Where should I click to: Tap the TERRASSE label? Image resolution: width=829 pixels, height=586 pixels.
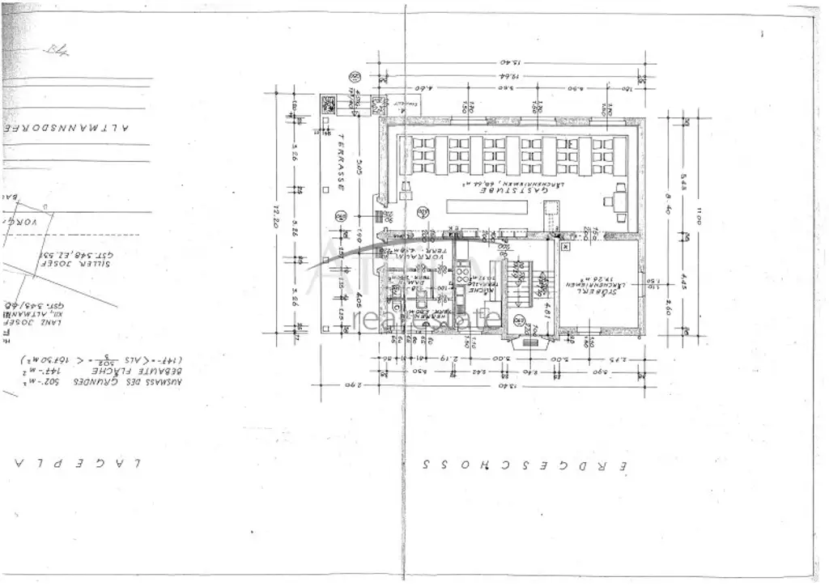point(342,162)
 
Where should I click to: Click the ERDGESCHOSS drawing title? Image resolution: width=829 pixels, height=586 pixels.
point(524,465)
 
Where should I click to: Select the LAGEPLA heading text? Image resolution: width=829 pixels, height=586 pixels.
point(77,463)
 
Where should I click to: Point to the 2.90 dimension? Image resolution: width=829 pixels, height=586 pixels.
point(351,386)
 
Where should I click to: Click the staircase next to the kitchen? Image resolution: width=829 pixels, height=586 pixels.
point(524,288)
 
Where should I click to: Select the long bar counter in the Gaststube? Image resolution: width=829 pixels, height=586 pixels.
point(487,207)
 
